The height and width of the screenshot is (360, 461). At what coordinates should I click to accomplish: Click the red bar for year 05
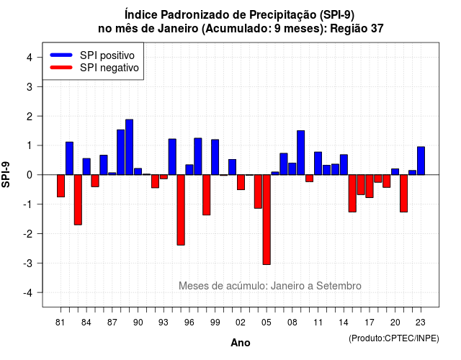tap(267, 220)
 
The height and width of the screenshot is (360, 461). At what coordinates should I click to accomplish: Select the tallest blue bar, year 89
tap(130, 147)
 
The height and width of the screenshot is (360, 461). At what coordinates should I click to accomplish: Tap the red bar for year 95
tap(181, 210)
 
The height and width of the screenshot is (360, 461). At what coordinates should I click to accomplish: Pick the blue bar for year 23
tap(421, 161)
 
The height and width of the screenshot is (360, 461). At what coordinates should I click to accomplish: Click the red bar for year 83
tap(78, 200)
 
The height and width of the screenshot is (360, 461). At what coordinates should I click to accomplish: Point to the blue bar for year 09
tap(301, 153)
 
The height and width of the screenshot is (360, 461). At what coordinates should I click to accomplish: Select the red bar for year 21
tap(403, 194)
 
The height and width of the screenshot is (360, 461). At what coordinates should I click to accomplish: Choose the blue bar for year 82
tap(69, 158)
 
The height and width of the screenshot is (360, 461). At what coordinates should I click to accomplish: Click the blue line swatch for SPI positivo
tap(61, 55)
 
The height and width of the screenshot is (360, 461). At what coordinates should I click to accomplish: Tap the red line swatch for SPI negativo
tap(61, 68)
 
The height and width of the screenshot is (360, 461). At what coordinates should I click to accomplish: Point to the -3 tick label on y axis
tap(28, 263)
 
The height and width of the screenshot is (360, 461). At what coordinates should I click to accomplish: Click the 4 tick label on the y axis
tap(30, 57)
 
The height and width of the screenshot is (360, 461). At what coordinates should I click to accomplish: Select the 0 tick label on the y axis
tap(30, 175)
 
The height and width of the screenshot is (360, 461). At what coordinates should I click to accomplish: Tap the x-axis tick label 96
tap(189, 323)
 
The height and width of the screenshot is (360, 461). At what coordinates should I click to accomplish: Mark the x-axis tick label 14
tap(344, 323)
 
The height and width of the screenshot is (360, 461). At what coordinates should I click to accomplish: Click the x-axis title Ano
tap(240, 343)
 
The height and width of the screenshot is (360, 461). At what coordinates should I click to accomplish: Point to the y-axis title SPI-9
tap(6, 174)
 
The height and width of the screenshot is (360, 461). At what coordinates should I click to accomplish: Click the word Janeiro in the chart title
tap(178, 29)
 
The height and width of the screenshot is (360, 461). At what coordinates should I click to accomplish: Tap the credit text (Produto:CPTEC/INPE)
tap(394, 338)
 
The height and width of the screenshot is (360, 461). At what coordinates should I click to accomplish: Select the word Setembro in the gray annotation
tap(339, 286)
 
